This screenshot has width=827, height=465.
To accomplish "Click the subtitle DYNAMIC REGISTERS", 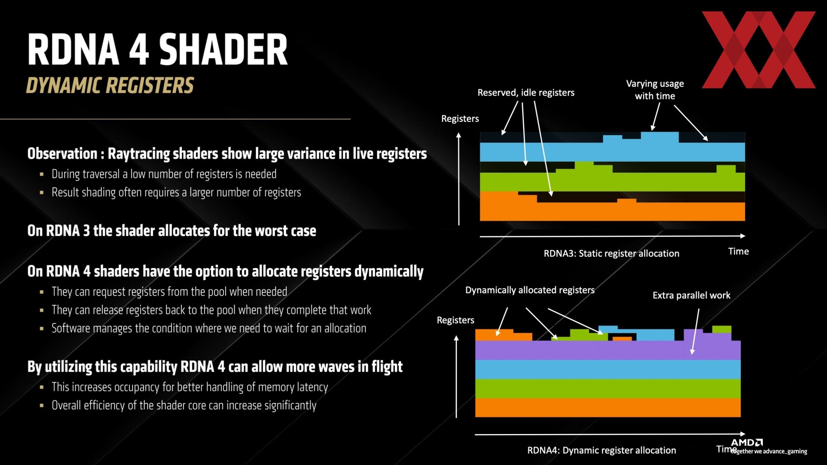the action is [x=110, y=85].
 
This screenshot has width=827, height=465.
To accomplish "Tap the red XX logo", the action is [x=759, y=50].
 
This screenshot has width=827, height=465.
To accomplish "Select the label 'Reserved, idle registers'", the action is [x=526, y=93].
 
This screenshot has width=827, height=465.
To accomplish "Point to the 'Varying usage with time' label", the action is [x=655, y=90].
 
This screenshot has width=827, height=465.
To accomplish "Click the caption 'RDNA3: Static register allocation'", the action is [x=611, y=253].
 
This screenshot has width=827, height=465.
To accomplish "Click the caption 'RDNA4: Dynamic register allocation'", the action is [x=602, y=450].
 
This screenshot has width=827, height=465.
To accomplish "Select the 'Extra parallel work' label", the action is [x=691, y=295].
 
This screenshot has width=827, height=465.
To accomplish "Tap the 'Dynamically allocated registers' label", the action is [x=530, y=290].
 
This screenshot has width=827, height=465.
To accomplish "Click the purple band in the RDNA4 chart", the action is [x=607, y=350].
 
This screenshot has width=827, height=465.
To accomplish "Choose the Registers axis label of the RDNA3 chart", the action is [x=460, y=119].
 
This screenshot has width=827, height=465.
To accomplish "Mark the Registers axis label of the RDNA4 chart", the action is [x=455, y=320].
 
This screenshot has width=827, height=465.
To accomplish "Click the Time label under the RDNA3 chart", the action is [x=738, y=251].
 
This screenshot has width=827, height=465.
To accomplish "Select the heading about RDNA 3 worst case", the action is [x=172, y=231].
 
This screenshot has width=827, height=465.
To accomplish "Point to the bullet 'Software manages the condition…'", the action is [x=209, y=329].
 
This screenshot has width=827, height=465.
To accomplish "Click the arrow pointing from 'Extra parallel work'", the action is [x=695, y=331].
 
